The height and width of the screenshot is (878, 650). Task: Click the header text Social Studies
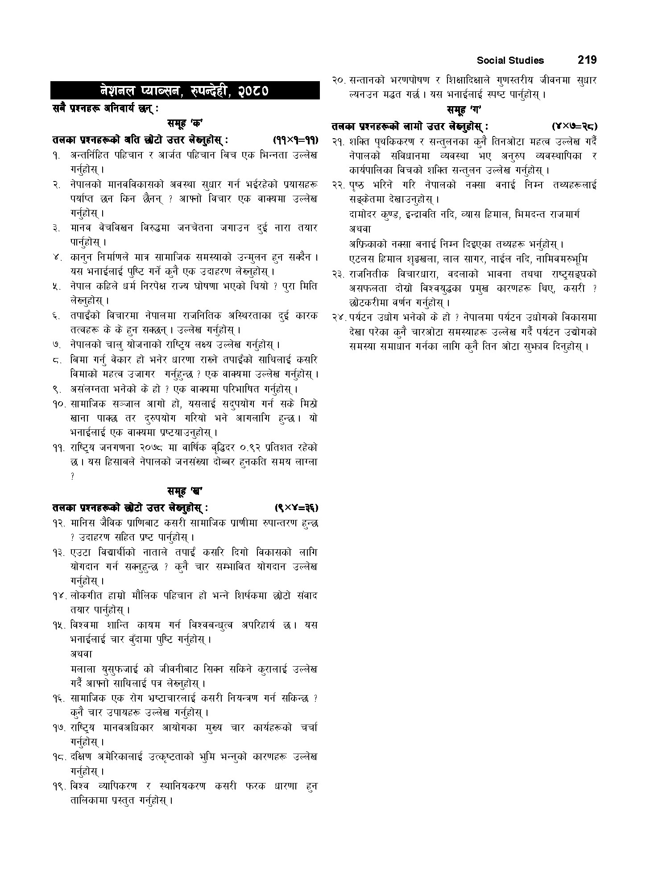pos(510,60)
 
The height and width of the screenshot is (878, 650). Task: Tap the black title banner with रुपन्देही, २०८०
pos(185,91)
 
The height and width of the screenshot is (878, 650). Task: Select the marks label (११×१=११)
pos(295,140)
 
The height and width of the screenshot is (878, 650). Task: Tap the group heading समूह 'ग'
pos(464,110)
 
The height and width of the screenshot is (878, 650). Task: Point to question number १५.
pos(58,625)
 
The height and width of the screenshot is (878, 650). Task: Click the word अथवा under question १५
pos(81,654)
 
